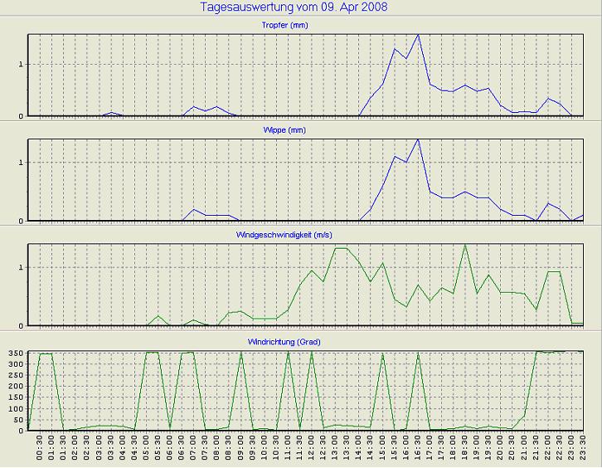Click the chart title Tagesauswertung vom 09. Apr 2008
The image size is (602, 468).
(294, 7)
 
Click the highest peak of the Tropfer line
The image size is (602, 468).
(418, 36)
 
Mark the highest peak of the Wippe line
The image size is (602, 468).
(418, 139)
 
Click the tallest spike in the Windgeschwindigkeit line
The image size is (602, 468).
(465, 245)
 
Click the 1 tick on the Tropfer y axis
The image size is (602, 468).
(22, 64)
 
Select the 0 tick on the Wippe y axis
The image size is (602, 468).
(22, 221)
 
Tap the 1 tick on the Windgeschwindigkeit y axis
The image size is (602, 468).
(22, 267)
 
